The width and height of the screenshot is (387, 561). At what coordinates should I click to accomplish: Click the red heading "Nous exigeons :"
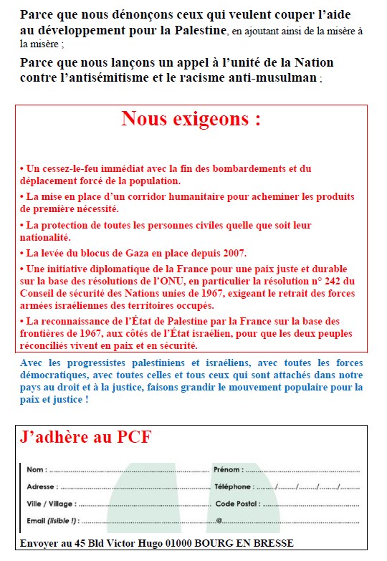(191, 119)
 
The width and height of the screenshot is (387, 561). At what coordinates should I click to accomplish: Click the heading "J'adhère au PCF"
(86, 437)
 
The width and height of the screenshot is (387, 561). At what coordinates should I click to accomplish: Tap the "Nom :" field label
(37, 470)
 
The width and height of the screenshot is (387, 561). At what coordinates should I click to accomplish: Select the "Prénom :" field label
(229, 470)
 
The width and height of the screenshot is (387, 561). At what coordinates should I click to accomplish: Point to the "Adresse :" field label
(41, 486)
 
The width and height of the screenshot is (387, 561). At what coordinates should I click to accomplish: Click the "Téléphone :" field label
(233, 486)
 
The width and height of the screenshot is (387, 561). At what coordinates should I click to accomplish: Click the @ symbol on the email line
(219, 521)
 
